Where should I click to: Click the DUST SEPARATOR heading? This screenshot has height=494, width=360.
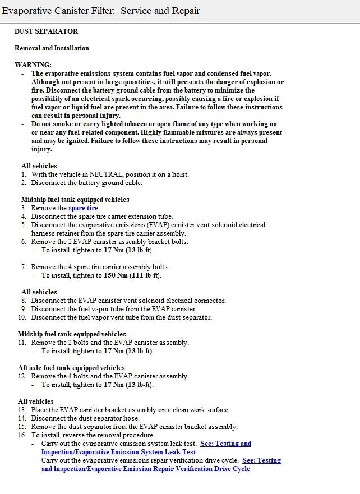[46, 31]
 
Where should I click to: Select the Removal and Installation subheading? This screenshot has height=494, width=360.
[52, 48]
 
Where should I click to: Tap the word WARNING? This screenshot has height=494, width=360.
[33, 65]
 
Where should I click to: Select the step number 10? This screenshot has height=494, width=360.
[22, 317]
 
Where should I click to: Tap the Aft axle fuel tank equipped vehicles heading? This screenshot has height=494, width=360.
[71, 368]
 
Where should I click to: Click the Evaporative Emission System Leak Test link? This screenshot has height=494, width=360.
[118, 451]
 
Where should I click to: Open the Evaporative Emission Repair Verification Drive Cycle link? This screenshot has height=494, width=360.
[146, 468]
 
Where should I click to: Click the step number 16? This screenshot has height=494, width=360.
[22, 435]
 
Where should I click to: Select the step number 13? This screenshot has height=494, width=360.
[22, 410]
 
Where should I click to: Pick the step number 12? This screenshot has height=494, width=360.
[22, 376]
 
